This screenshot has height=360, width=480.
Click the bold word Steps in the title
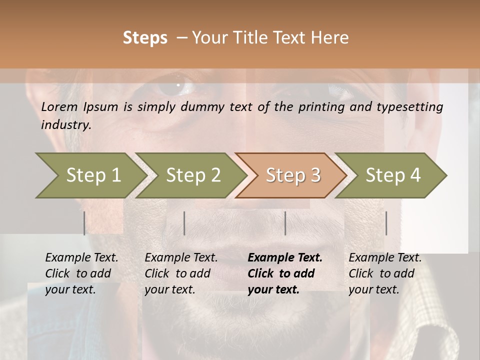[x=145, y=38]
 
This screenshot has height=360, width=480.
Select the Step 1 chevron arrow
[x=90, y=175]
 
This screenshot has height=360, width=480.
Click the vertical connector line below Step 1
[x=84, y=223]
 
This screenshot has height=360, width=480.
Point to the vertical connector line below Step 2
[x=184, y=223]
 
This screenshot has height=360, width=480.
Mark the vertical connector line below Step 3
[x=285, y=223]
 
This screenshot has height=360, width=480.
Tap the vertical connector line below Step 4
[x=386, y=223]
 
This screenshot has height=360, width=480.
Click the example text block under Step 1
[x=81, y=273]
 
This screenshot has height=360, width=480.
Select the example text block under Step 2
[x=181, y=273]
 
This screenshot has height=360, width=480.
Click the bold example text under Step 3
[x=285, y=273]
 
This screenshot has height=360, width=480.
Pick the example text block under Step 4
[x=385, y=273]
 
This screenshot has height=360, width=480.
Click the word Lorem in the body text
[x=59, y=107]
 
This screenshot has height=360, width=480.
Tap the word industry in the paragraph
[x=65, y=125]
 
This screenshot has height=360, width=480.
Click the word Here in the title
[x=329, y=38]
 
